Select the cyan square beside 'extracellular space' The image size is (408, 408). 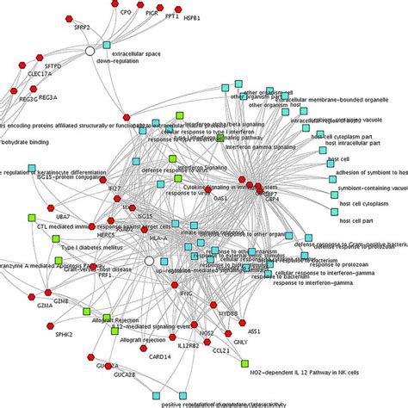[107, 43]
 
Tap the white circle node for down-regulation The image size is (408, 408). [89, 53]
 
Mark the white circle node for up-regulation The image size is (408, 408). [149, 260]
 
